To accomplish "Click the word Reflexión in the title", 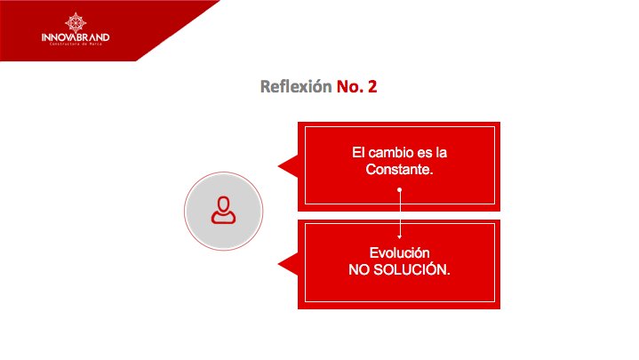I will pos(296,87).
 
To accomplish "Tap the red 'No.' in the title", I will pos(351,87).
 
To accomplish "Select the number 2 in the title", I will pos(372,87).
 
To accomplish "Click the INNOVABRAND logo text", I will pos(76,37).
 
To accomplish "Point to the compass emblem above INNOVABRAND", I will pos(76,20).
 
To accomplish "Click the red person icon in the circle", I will pos(223,210).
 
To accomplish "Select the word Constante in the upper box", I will pos(399,169).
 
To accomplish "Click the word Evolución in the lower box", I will pos(399,252).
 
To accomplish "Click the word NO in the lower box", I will pos(360,268).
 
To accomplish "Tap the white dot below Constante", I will pos(400,189).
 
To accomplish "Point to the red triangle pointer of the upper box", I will pos(288,164).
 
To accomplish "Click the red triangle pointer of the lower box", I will pos(288,264).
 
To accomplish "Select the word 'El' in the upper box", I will pos(358,153).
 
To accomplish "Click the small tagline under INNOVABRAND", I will pos(76,45).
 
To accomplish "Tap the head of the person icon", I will pos(223,203).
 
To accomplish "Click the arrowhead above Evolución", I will pos(400,236).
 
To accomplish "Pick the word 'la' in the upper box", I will pos(440,153).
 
